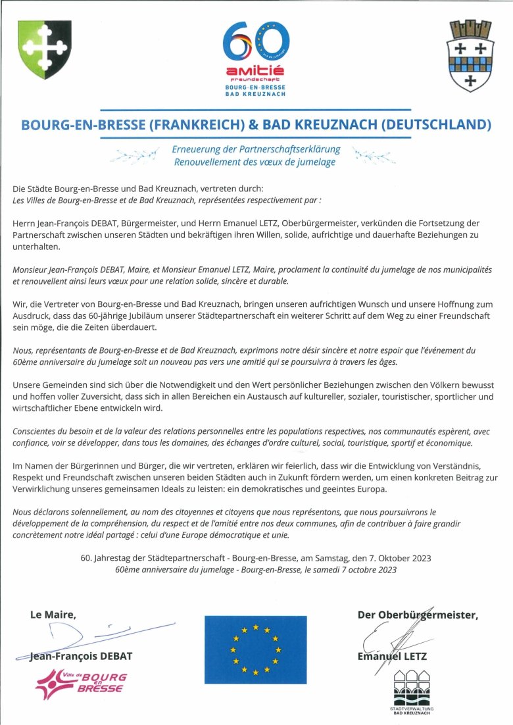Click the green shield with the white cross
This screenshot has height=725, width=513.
tap(45, 49)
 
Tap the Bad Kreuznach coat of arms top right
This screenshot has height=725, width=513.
tap(470, 55)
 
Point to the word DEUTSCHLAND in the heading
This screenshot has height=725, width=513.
tap(429, 124)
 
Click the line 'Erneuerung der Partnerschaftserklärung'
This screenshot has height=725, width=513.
tap(255, 150)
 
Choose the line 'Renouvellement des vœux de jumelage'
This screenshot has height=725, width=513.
tap(255, 162)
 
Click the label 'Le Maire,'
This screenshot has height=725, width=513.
tap(53, 615)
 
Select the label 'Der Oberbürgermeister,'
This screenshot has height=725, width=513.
tap(417, 615)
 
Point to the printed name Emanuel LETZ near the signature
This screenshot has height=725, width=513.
tap(392, 656)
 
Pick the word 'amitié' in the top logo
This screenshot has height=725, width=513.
tap(255, 70)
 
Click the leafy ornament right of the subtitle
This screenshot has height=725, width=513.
tap(373, 156)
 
